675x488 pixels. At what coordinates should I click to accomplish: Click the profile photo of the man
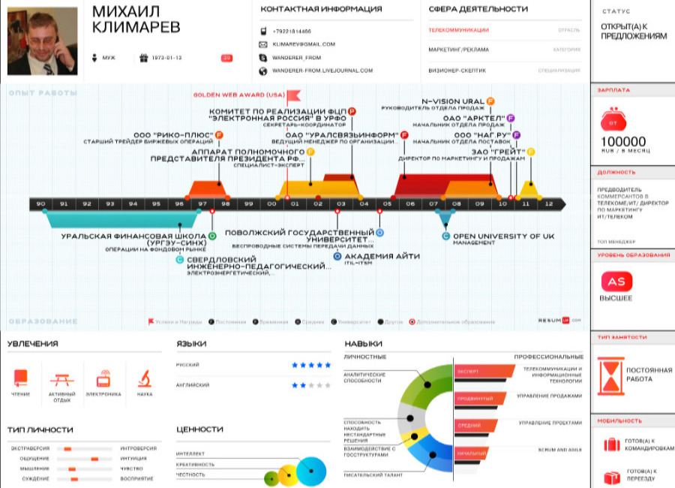(x=42, y=41)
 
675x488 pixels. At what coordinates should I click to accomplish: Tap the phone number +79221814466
(x=292, y=32)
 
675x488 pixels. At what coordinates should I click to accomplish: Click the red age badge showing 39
(x=226, y=58)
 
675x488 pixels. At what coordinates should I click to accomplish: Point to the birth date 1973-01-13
(x=166, y=58)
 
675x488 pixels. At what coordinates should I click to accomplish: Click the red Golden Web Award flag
(x=293, y=95)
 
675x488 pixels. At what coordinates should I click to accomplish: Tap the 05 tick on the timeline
(x=387, y=203)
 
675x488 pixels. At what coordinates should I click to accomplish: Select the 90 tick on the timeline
(x=40, y=203)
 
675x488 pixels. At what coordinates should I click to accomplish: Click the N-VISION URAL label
(x=452, y=101)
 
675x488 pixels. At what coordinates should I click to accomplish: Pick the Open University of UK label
(x=502, y=236)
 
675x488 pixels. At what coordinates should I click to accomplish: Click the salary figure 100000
(x=623, y=141)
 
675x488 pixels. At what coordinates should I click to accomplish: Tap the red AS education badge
(x=616, y=282)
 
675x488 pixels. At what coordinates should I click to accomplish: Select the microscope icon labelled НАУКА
(x=145, y=378)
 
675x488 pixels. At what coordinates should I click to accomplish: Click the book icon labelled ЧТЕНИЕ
(x=21, y=378)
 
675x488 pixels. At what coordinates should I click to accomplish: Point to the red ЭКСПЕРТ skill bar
(x=484, y=371)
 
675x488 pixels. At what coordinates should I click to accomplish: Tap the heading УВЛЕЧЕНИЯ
(x=33, y=344)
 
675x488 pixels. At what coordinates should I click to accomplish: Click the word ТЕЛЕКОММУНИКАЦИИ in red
(x=458, y=30)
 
